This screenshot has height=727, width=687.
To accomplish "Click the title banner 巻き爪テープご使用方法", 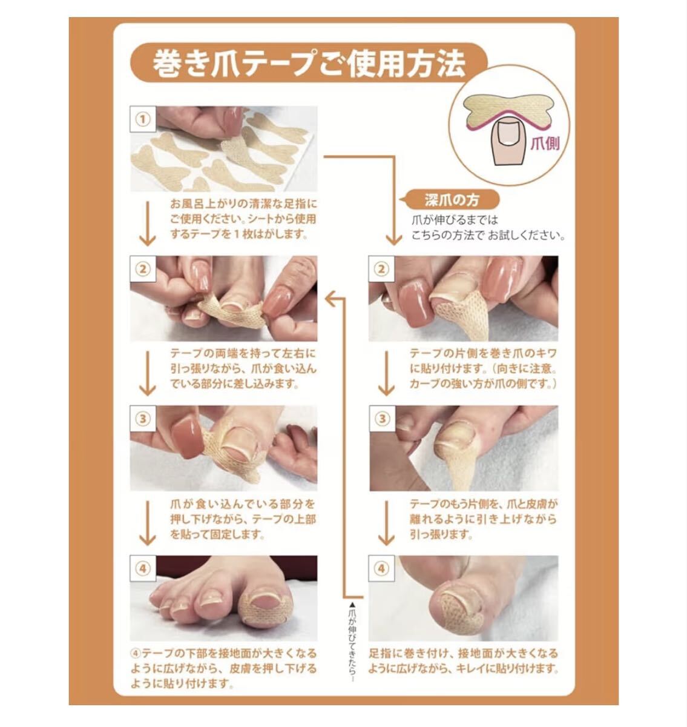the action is (309, 62).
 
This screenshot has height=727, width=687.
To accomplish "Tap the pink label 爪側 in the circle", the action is (545, 144).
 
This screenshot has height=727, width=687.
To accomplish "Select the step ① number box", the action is (143, 119).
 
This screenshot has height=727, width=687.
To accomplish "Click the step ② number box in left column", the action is (143, 269).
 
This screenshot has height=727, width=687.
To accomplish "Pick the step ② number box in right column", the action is (381, 269).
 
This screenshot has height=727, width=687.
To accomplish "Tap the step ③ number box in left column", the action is (143, 419).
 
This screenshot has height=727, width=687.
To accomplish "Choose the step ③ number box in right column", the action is (382, 419).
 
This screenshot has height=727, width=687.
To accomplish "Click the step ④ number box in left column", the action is (143, 568).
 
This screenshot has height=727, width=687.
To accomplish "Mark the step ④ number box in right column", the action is (381, 568).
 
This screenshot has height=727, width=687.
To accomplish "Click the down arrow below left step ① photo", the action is (148, 224).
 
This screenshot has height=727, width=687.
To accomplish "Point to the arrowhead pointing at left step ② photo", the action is (330, 299).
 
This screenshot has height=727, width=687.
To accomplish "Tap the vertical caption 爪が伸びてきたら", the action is (352, 642).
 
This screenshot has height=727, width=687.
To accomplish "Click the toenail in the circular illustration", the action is (508, 133).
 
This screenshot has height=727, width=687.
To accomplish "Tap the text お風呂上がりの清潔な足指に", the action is (243, 204).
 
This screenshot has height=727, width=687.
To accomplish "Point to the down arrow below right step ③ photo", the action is (387, 523).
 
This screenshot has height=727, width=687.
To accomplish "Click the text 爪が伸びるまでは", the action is (455, 220).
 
